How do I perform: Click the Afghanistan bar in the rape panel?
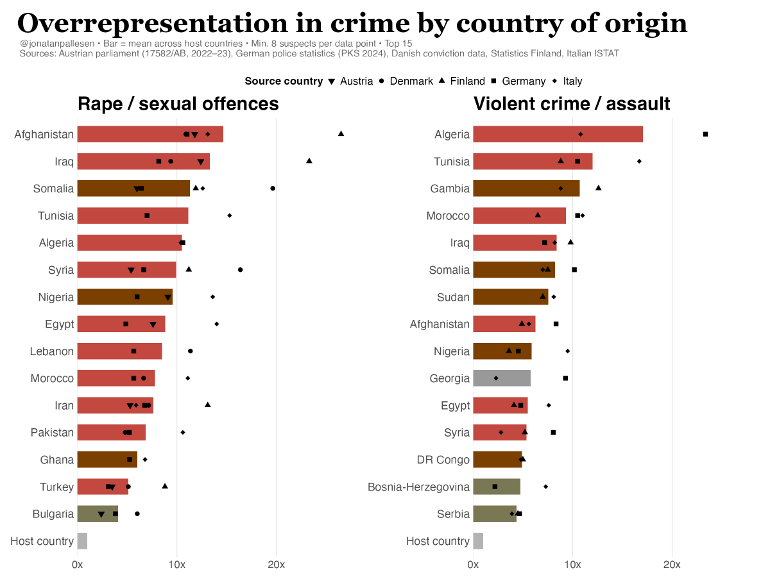click(150, 134)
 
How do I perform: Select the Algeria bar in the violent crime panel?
click(558, 134)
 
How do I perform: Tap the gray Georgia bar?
click(502, 378)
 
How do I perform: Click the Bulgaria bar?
click(98, 514)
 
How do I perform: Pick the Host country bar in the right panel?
click(478, 541)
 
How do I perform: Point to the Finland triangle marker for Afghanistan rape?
click(341, 133)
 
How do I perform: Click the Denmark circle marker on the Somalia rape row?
click(273, 188)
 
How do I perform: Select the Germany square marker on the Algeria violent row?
click(705, 134)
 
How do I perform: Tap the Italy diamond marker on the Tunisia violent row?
click(639, 162)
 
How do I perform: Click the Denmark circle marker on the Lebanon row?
click(190, 351)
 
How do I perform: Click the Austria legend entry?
click(352, 81)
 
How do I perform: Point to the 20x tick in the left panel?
click(276, 565)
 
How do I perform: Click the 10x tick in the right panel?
click(572, 565)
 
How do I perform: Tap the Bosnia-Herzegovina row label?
click(418, 487)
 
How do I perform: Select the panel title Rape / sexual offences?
click(178, 104)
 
